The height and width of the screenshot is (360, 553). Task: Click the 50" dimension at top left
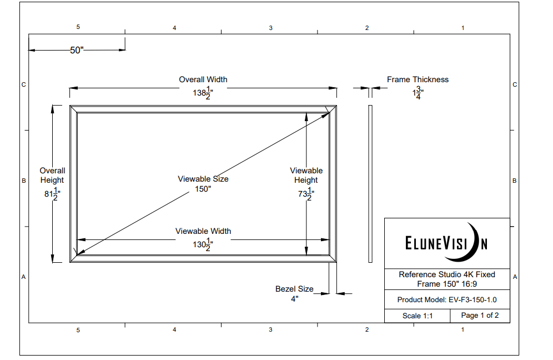click(77, 50)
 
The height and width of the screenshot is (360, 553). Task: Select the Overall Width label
click(203, 79)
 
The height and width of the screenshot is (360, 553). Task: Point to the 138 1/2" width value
click(203, 93)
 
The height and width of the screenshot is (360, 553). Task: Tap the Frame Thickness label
click(418, 79)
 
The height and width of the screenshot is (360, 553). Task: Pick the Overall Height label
click(52, 175)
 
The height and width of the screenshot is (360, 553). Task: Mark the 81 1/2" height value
click(52, 194)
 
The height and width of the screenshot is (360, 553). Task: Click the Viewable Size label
click(203, 179)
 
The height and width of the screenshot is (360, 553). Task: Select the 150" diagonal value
click(203, 189)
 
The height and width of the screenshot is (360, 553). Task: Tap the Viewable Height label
click(306, 175)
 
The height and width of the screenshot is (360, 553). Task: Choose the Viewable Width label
click(203, 231)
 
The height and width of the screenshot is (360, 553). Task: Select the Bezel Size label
click(294, 289)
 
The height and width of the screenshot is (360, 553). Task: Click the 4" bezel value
click(294, 299)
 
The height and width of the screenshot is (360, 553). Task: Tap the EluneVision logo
click(446, 243)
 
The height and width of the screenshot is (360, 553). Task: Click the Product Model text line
click(446, 299)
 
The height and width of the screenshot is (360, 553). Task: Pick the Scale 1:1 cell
click(417, 316)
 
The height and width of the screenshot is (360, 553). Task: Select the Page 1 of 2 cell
click(480, 316)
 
